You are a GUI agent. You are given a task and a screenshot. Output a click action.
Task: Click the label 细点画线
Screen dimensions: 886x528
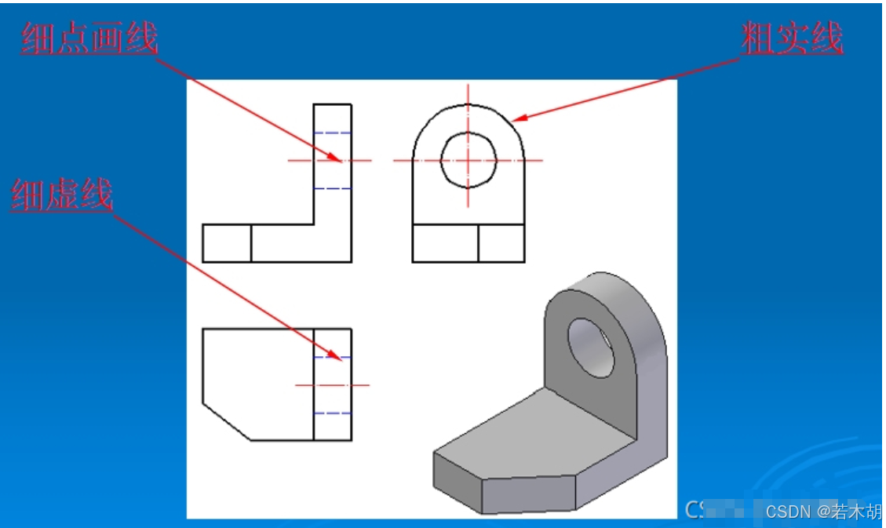[89, 38]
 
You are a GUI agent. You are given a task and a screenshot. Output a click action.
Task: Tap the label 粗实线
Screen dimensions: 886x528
[792, 38]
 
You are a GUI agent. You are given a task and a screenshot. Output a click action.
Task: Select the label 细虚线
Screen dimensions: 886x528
[61, 195]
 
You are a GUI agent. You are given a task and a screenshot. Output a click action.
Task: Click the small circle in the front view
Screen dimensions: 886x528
[469, 133]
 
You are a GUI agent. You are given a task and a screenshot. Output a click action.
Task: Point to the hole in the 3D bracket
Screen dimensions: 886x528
[591, 348]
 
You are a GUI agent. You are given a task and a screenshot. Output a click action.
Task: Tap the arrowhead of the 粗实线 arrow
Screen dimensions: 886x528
[518, 118]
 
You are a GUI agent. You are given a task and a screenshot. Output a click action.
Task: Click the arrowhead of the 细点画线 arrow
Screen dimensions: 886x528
[336, 158]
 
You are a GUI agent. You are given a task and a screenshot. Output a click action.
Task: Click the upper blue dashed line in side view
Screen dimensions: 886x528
[332, 133]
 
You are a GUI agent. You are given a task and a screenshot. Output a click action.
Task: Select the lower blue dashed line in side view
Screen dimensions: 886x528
[332, 188]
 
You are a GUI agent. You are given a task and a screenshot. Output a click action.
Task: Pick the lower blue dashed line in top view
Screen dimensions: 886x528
[332, 413]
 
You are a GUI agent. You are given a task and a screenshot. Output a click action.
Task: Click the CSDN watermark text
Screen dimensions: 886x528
[822, 512]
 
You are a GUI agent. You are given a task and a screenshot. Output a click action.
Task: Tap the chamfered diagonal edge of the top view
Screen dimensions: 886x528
[227, 422]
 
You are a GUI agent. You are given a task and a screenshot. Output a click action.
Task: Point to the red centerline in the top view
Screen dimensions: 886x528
[332, 385]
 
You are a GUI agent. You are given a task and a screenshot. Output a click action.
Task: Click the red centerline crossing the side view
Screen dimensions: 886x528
[330, 160]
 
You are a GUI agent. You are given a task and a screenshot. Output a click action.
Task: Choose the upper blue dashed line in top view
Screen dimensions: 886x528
[332, 358]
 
